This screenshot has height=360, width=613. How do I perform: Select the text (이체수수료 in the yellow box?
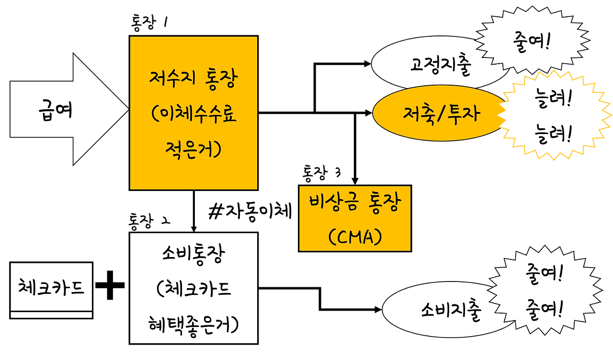point(193,115)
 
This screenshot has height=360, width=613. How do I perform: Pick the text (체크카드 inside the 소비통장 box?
point(193,290)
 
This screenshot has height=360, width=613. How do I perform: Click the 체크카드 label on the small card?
point(51,287)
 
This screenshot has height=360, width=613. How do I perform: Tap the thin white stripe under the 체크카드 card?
point(51,315)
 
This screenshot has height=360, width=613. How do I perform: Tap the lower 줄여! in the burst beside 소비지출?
point(544,309)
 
